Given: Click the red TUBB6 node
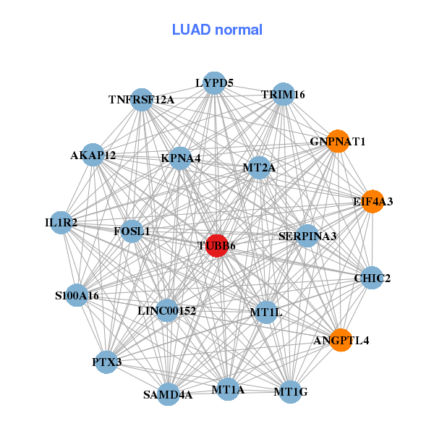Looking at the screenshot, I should pos(217,245).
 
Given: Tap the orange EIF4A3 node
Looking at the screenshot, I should pos(373,201).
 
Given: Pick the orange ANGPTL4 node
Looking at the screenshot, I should pos(341,339).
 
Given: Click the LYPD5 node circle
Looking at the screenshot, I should pos(214,83).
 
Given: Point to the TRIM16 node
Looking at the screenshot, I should pos(283,95).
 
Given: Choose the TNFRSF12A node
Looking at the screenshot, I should pos(142,99).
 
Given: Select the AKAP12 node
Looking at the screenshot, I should pos(93,155).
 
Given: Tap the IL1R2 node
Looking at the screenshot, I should pos(61,223).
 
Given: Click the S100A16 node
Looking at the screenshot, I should pos(77,295).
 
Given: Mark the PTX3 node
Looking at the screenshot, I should pos(107,362).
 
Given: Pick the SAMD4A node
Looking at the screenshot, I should pos(168,394).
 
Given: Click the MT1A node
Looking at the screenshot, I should pos(228,390).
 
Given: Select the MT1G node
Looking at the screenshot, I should pos(291,392).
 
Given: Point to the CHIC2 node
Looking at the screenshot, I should pos(372,278).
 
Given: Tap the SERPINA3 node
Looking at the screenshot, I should pos(307,236).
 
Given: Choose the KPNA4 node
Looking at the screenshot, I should pos(181,158).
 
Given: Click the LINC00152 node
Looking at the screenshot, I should pos(167,311).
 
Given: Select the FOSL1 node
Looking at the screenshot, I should pos(132,231).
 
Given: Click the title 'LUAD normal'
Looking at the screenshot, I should pos(217,30).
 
